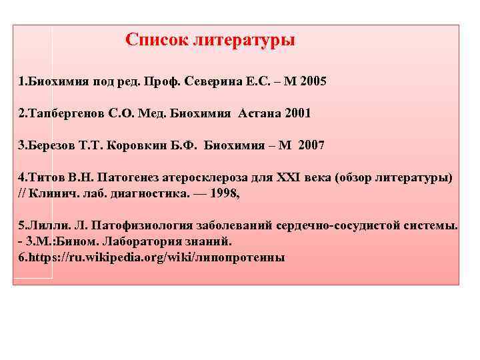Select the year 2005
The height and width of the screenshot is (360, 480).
313,81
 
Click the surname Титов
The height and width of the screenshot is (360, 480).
43,178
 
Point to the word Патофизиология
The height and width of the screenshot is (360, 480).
135,225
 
